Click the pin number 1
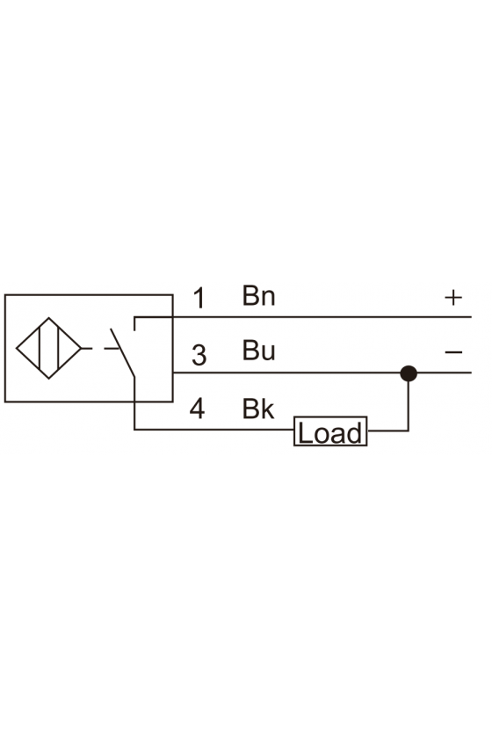coord(199,299)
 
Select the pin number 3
coord(199,355)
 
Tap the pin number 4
coord(198,409)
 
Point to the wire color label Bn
coord(258,295)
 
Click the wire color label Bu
coord(258,351)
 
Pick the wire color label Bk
coord(258,409)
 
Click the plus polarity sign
coord(453,298)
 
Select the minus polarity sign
coord(454,352)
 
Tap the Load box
coord(330,431)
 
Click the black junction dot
coord(409,373)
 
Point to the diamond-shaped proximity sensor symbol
coord(49,348)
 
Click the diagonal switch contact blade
coord(122,352)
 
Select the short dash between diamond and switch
coord(87,348)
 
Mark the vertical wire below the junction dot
coord(409,406)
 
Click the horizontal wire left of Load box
coord(214,430)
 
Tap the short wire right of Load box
coord(387,430)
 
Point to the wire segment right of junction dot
coord(444,373)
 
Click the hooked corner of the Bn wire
coord(134,318)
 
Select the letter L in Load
coord(305,433)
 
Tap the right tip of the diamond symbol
coord(82,348)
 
